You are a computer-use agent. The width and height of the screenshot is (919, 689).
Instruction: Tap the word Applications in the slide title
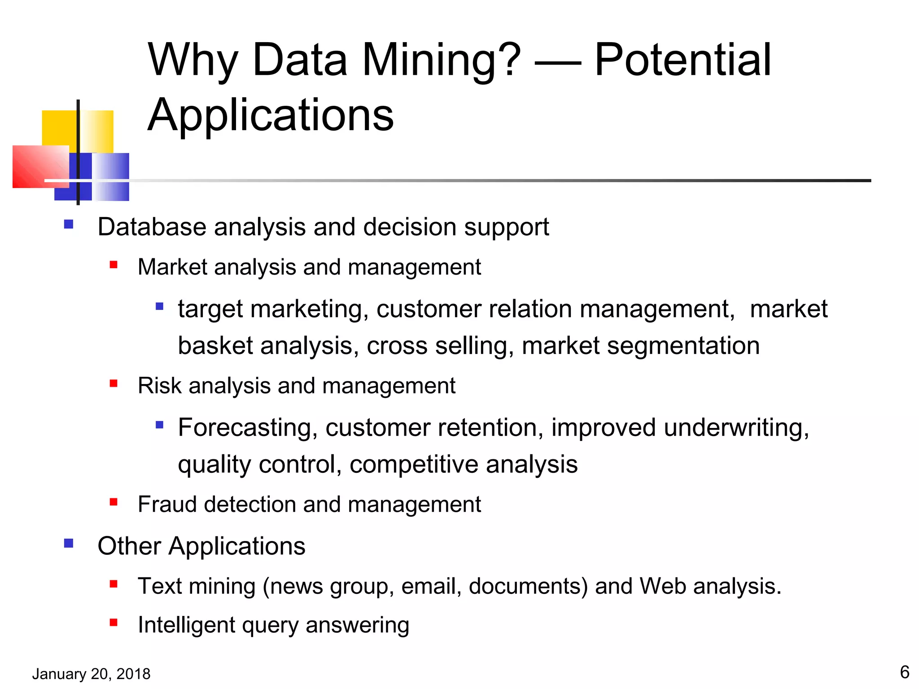coord(271,115)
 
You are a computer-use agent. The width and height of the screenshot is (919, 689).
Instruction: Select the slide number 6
coord(905,672)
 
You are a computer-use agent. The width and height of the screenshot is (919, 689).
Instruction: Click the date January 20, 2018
coord(92,674)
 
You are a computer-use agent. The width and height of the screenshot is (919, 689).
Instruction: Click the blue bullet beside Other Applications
coord(69,544)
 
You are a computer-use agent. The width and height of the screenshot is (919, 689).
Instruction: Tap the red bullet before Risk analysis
coord(114,384)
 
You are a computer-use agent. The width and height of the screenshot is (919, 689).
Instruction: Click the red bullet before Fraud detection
coord(114,502)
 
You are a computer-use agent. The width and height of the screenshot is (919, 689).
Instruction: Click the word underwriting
coord(736,427)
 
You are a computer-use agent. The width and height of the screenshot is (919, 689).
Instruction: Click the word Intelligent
coord(186,624)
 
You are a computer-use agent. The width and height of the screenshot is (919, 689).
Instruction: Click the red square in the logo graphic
coord(40,166)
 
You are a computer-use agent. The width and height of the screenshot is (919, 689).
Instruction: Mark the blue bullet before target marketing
coord(159,307)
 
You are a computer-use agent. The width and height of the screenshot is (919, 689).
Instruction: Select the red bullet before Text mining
coord(114,584)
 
